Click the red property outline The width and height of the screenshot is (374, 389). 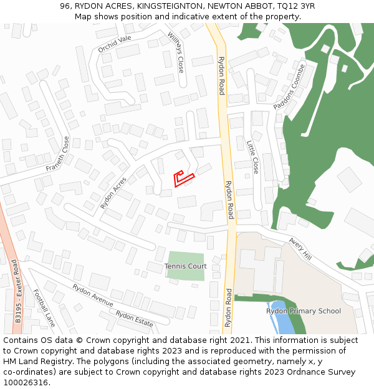point(183,179)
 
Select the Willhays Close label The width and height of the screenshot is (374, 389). point(176,52)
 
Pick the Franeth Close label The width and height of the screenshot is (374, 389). point(57,154)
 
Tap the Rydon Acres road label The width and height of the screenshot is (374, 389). point(113,192)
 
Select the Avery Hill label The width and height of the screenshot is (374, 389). point(300,249)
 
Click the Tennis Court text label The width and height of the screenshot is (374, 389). point(185,266)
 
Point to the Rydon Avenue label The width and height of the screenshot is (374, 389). point(92,295)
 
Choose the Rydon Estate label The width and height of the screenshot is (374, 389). point(134,319)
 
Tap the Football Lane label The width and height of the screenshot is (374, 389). point(44,308)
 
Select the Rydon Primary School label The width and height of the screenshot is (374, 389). point(304,311)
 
